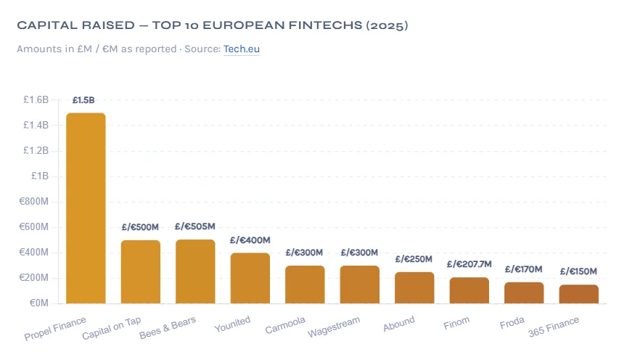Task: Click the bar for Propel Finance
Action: pyautogui.click(x=86, y=208)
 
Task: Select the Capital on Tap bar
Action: pyautogui.click(x=141, y=271)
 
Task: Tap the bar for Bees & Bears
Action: pyautogui.click(x=195, y=271)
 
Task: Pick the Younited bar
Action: pyautogui.click(x=250, y=278)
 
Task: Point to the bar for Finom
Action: pyautogui.click(x=470, y=290)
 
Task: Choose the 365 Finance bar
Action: pyautogui.click(x=579, y=294)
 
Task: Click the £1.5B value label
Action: pyautogui.click(x=83, y=100)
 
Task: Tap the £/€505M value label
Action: pyautogui.click(x=195, y=226)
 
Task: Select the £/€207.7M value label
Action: pyautogui.click(x=470, y=264)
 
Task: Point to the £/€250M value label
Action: pyautogui.click(x=414, y=259)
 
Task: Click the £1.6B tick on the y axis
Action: pyautogui.click(x=36, y=100)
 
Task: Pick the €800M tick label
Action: pyautogui.click(x=34, y=202)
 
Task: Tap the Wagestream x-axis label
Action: pyautogui.click(x=334, y=326)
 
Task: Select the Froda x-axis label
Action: pyautogui.click(x=512, y=322)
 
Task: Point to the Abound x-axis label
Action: pyautogui.click(x=399, y=323)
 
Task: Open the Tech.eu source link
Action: pyautogui.click(x=242, y=49)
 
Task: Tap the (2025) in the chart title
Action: pyautogui.click(x=387, y=25)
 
